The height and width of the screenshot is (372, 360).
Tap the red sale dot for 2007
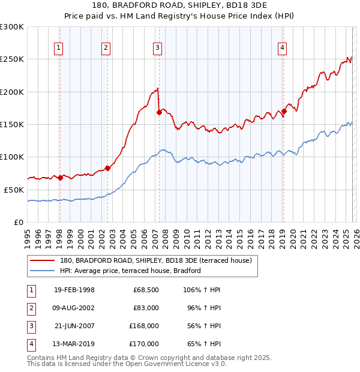point(159,112)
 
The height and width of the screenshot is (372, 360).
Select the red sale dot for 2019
point(284,111)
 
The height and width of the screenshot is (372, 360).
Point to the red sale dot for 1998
point(60,178)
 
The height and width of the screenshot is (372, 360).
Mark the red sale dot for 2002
point(107,168)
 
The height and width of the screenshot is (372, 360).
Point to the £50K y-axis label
point(14,189)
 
